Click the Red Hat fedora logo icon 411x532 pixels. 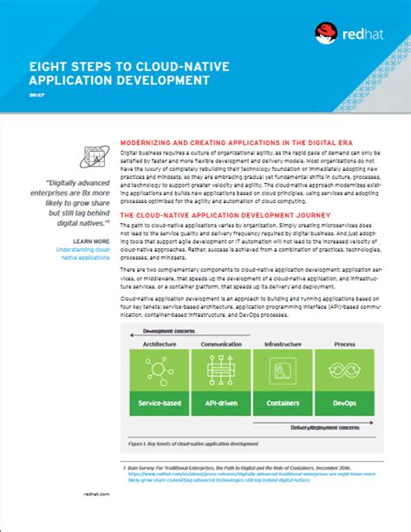pos(327,34)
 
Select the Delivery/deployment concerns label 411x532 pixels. pos(325,426)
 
